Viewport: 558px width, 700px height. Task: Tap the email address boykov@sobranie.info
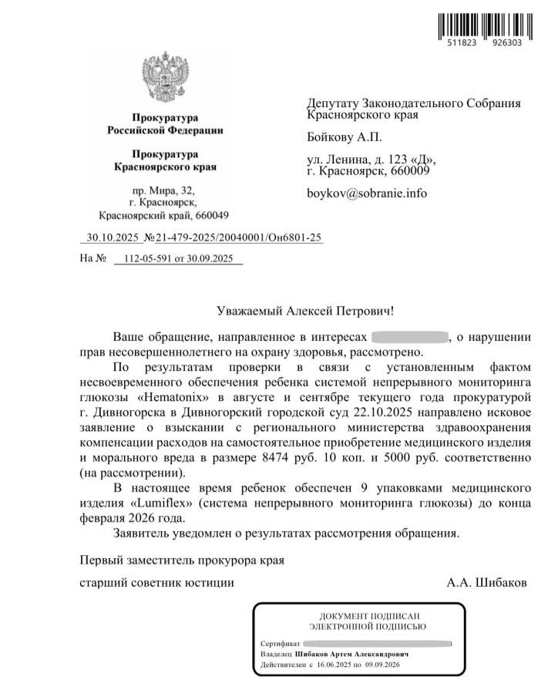pyautogui.click(x=367, y=194)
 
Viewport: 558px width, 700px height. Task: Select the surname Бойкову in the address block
pyautogui.click(x=334, y=137)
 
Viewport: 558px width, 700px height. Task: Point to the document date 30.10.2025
pyautogui.click(x=112, y=238)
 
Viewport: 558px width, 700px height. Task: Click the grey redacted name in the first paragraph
pyautogui.click(x=410, y=337)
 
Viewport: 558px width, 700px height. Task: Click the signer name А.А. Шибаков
pyautogui.click(x=487, y=583)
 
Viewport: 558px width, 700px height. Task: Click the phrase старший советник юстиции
pyautogui.click(x=157, y=583)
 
